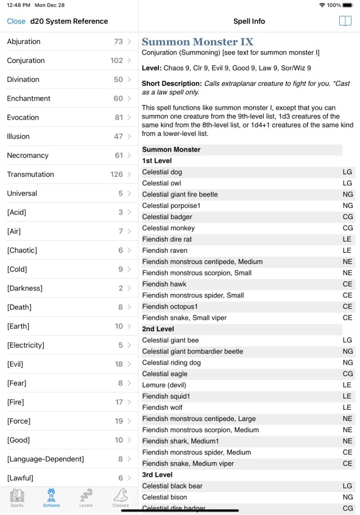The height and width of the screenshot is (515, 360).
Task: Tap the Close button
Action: click(16, 21)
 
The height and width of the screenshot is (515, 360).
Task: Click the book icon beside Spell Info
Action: click(345, 21)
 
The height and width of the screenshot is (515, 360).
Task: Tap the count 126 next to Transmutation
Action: click(117, 174)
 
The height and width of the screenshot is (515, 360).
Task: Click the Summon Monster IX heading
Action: click(198, 42)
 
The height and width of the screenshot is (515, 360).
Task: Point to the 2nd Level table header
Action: click(157, 329)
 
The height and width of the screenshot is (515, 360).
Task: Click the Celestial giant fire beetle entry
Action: click(180, 194)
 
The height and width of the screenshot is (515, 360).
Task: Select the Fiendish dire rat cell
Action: click(167, 239)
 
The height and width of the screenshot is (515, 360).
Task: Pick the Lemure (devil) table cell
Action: click(164, 385)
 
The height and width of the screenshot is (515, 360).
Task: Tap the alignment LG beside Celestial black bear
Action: click(347, 486)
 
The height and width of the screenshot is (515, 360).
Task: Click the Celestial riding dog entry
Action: click(171, 363)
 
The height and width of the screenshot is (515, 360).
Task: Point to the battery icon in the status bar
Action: click(348, 5)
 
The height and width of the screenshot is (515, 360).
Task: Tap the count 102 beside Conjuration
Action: click(117, 60)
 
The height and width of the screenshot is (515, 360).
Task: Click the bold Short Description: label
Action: click(171, 83)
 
